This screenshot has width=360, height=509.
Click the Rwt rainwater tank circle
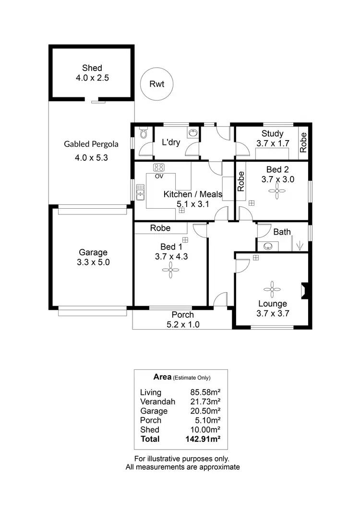coord(156,84)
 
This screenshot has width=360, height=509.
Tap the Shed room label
coord(92,68)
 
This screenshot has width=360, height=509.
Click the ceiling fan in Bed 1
coord(171,272)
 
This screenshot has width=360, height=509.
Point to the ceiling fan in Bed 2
coord(276,191)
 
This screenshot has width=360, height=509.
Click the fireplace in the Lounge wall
coord(303,291)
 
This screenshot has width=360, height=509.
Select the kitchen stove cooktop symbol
coord(159,168)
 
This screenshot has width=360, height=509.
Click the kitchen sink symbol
coord(140,193)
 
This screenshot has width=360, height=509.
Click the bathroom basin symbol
coord(268,247)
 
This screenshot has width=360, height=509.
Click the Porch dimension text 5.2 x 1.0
coord(183,324)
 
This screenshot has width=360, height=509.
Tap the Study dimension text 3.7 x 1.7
coord(272,143)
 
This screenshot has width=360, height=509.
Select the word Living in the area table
coord(150,392)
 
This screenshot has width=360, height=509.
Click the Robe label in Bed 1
coord(160,228)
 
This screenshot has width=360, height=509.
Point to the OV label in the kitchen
coord(158,176)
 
